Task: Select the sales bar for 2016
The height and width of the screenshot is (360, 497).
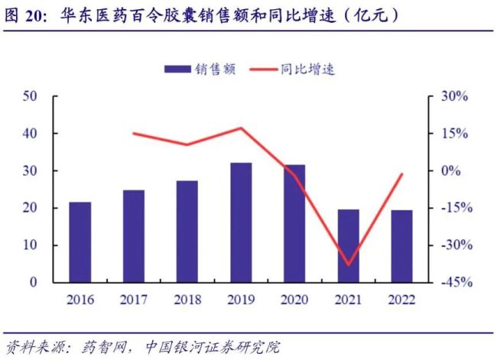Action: coord(80,242)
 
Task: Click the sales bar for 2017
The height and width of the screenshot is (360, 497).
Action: coord(134,236)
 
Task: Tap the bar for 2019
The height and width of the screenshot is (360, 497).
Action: coord(241,222)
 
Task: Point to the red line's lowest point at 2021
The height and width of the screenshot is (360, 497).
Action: coord(348,264)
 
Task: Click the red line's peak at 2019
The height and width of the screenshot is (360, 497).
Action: coord(242,128)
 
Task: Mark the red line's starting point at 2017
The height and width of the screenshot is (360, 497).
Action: coord(134,134)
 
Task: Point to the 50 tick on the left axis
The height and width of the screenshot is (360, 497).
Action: coord(31,96)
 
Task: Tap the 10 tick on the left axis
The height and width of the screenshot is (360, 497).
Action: coord(31,245)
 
